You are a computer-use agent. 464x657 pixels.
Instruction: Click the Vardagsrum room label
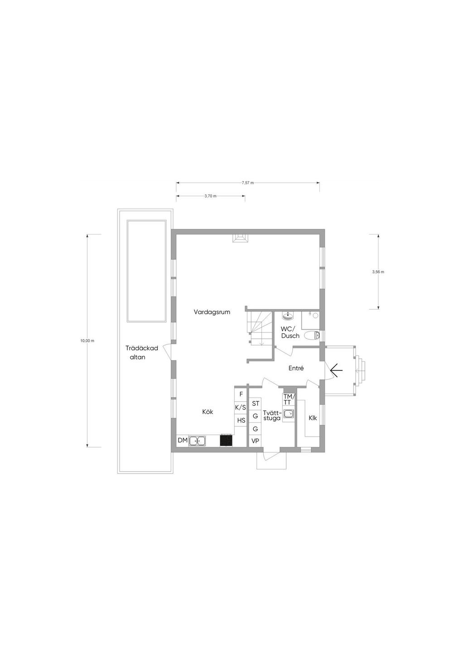click(x=212, y=312)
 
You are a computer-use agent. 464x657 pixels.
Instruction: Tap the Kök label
click(x=208, y=412)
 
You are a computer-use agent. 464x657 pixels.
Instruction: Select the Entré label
click(x=296, y=368)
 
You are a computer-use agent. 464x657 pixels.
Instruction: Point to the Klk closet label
click(x=313, y=418)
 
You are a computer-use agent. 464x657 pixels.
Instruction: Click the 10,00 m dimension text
click(x=87, y=341)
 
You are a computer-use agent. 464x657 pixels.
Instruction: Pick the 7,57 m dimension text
click(x=248, y=183)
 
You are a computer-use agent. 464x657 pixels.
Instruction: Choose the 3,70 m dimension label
click(x=210, y=196)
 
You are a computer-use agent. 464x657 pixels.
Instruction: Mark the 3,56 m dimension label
click(x=378, y=272)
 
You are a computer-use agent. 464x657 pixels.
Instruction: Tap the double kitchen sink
click(x=198, y=441)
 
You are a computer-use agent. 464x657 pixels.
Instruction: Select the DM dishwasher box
click(x=182, y=440)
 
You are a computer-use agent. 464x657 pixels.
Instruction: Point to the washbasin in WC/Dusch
click(x=288, y=316)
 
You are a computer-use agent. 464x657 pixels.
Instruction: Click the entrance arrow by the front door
click(x=336, y=371)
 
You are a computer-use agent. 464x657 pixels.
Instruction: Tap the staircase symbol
click(x=259, y=328)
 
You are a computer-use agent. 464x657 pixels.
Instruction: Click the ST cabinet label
click(x=255, y=404)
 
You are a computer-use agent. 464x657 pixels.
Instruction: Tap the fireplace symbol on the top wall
click(x=240, y=238)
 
